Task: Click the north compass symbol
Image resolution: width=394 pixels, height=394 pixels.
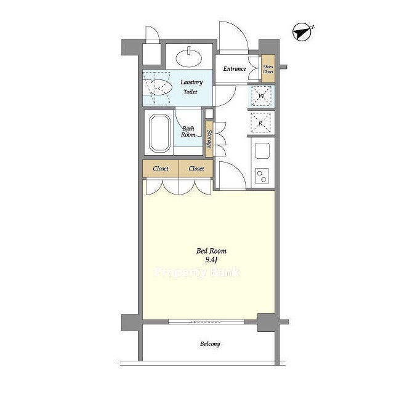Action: (303, 32)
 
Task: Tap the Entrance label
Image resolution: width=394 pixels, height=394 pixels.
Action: (235, 68)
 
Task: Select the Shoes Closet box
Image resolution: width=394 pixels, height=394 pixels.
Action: (268, 69)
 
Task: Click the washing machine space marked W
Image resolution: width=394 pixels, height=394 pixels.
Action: (261, 96)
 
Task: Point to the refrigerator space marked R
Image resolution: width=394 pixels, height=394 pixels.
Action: (261, 123)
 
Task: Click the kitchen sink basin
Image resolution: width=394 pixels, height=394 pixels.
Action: (262, 150)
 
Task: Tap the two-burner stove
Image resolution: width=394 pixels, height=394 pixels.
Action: (262, 175)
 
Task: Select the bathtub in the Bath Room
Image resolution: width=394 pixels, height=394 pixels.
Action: (159, 133)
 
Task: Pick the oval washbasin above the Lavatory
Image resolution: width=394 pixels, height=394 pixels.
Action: (189, 58)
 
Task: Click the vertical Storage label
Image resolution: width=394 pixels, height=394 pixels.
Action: (209, 139)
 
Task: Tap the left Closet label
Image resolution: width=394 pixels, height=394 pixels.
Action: (160, 168)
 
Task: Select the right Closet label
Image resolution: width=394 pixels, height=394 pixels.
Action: (196, 168)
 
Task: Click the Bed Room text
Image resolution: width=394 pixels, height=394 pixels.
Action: (211, 251)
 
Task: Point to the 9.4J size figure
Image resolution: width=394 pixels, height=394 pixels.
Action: (211, 260)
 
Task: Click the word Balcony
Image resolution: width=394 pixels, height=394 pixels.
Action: (210, 344)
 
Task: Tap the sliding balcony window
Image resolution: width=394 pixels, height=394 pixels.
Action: (206, 321)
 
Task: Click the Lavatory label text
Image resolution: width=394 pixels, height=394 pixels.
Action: (191, 82)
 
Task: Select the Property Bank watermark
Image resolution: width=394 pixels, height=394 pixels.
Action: (197, 272)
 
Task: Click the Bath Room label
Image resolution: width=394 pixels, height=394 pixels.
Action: (188, 131)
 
